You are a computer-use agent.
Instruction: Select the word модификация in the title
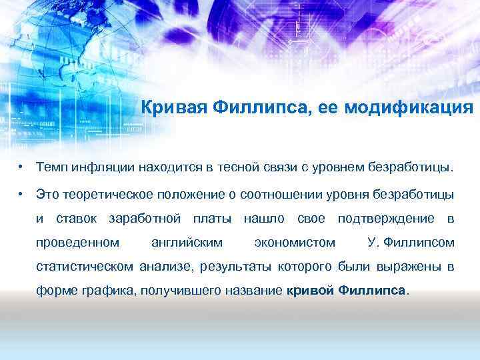point(410,108)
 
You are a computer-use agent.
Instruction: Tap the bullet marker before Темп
point(22,165)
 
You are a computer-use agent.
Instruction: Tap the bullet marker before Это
point(22,194)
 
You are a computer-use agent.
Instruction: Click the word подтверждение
point(385,218)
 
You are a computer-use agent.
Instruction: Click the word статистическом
point(85,267)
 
